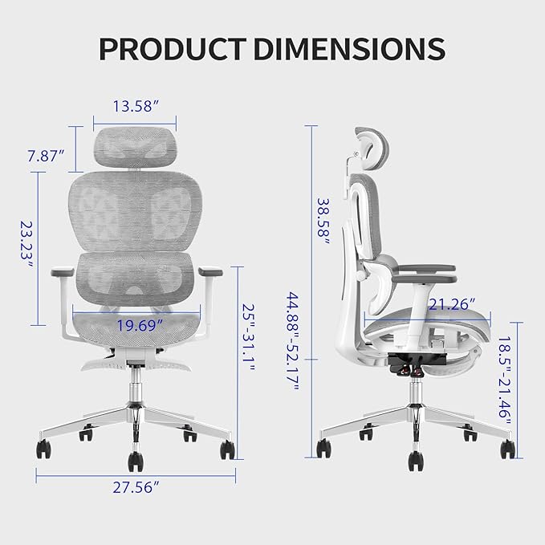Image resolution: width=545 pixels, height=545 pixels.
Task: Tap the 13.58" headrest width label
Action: pyautogui.click(x=134, y=107)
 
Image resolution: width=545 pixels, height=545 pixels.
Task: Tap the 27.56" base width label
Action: pyautogui.click(x=135, y=486)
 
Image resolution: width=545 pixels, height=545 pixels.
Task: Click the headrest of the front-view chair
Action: pyautogui.click(x=134, y=145)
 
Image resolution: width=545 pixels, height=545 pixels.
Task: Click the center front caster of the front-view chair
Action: pyautogui.click(x=134, y=461)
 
